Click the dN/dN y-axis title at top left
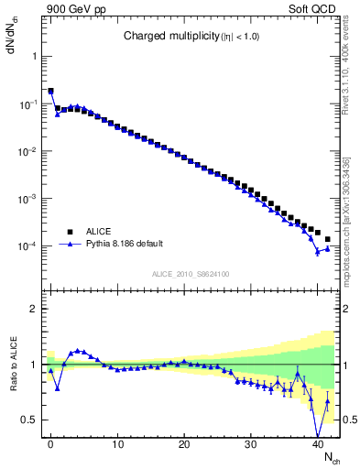pyautogui.click(x=12, y=37)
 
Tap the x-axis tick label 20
pyautogui.click(x=184, y=444)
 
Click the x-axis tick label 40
pyautogui.click(x=318, y=444)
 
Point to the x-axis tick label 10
pyautogui.click(x=117, y=444)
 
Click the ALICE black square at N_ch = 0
pyautogui.click(x=50, y=92)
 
